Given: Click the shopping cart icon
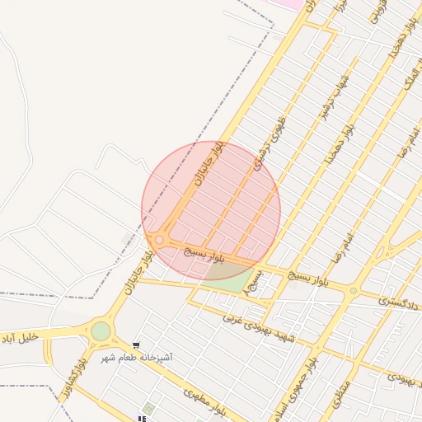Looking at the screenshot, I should [136, 346].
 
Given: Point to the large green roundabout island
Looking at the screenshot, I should [101, 331].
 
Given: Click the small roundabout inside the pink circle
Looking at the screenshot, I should [159, 240].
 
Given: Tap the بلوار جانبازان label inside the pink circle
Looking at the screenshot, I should [208, 165].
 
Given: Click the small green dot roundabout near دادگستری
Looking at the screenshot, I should [354, 290].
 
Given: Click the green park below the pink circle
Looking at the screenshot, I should [237, 281].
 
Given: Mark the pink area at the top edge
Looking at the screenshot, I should [291, 4].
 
